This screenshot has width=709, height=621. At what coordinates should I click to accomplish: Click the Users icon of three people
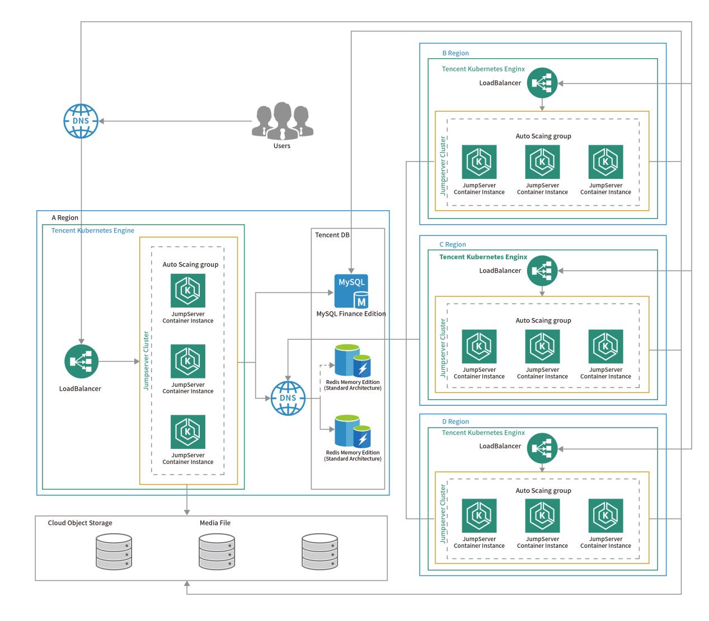click(x=282, y=120)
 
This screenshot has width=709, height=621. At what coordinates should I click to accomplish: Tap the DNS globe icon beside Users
click(x=81, y=121)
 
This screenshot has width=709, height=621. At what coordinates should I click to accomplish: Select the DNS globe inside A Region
click(x=288, y=398)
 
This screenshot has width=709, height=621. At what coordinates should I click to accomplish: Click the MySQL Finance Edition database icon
click(x=351, y=291)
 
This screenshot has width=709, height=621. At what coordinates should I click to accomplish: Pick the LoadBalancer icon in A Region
click(x=81, y=362)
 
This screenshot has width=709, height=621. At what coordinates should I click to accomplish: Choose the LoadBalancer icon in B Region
click(x=542, y=83)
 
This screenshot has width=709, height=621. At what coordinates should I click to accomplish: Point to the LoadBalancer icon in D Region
click(x=542, y=448)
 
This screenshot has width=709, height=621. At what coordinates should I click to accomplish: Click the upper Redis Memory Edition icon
click(x=353, y=361)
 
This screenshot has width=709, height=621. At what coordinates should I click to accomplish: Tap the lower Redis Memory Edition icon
click(x=353, y=431)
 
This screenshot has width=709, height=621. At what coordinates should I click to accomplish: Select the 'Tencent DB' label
click(x=332, y=235)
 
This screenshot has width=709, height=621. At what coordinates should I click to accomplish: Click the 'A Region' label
click(x=65, y=217)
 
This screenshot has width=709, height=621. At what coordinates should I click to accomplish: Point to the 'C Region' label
click(x=453, y=244)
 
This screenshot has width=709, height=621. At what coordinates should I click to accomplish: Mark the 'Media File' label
click(x=215, y=523)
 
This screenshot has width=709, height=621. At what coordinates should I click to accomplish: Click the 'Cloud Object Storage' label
click(x=80, y=523)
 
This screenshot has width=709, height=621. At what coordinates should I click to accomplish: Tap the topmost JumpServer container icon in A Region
click(x=188, y=291)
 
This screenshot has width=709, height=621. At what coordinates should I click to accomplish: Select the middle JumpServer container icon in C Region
click(x=542, y=347)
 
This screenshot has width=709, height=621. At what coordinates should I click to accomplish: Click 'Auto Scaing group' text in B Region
click(x=543, y=136)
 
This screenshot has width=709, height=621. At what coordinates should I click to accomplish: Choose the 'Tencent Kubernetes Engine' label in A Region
click(x=93, y=230)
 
